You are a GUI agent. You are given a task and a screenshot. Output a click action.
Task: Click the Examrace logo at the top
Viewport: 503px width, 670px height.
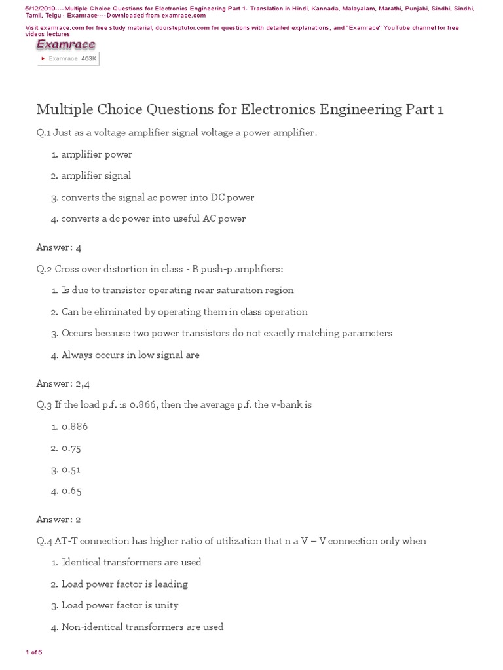point(65,44)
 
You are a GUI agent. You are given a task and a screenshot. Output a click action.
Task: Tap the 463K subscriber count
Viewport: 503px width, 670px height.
point(88,58)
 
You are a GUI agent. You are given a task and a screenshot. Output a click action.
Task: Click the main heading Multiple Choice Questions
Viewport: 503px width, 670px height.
point(240,109)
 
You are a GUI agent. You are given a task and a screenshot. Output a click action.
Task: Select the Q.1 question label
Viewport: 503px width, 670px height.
point(45,133)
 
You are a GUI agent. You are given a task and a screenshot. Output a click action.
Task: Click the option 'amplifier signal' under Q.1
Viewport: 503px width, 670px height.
point(96,175)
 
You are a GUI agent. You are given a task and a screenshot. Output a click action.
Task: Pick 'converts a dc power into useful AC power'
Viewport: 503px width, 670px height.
point(153,219)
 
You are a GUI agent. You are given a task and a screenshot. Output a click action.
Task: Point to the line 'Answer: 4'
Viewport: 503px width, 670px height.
point(59,247)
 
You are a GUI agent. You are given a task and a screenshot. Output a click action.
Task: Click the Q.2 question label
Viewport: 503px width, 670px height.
point(45,269)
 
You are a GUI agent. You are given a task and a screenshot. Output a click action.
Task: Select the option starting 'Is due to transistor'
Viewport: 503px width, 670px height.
point(177,290)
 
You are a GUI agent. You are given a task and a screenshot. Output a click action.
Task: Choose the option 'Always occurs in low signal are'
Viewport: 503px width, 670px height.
point(130,355)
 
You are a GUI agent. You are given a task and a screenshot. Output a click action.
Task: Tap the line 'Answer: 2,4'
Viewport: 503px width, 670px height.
point(64,383)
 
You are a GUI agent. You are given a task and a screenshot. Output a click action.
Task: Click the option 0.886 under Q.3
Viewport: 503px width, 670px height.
point(75,427)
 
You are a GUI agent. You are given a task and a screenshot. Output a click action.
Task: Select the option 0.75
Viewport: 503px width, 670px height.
point(71,448)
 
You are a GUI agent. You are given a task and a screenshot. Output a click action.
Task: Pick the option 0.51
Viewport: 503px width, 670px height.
point(71,470)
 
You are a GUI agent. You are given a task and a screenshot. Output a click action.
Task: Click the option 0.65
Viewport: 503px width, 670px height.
point(71,491)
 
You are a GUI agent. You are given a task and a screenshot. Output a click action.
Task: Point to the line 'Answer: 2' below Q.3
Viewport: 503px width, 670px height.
point(59,520)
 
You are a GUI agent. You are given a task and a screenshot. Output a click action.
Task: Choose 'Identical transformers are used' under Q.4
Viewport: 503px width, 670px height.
point(131,562)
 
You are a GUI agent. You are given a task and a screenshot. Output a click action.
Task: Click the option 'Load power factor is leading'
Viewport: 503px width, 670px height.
point(124,584)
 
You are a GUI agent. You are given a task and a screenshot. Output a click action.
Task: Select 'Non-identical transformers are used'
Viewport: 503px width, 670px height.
point(142,627)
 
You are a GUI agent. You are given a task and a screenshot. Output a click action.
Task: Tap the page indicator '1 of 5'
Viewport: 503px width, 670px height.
point(33,652)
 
